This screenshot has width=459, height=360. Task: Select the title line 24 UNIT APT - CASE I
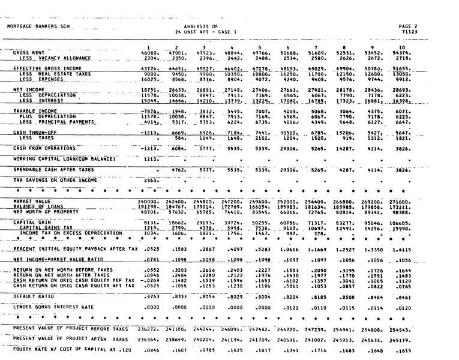click(x=206, y=32)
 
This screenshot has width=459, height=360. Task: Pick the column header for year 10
click(x=401, y=47)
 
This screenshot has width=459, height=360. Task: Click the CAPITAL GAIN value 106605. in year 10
click(x=400, y=222)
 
